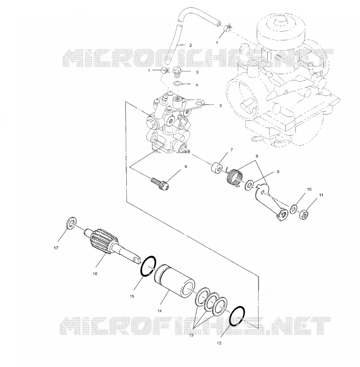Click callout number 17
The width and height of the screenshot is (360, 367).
[56, 248]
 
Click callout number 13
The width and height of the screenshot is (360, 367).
[191, 335]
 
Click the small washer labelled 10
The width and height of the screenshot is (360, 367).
[293, 209]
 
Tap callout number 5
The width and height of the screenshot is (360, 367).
[220, 106]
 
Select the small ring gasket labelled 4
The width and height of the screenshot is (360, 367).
[177, 83]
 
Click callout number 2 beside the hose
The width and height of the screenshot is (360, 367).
[190, 45]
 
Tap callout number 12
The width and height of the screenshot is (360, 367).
[219, 343]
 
